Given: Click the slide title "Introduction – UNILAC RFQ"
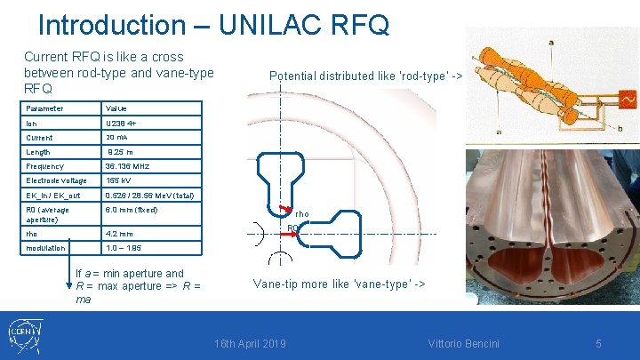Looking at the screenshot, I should tap(213, 24).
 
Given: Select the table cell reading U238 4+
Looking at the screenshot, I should tap(122, 123).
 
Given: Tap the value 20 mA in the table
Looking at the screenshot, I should tap(116, 138).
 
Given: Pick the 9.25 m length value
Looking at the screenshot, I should tap(120, 152).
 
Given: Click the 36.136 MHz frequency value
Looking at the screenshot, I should tap(128, 166).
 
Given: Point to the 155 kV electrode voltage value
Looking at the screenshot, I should tap(118, 180).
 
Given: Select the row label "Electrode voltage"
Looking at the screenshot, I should tap(57, 180).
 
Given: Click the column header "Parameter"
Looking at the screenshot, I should tap(44, 108).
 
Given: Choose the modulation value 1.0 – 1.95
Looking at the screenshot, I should tap(124, 248).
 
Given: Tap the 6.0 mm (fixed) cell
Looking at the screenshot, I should tap(131, 210).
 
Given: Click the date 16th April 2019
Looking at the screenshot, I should tap(251, 343).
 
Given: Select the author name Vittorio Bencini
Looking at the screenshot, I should tap(463, 343).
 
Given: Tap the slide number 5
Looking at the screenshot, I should tap(598, 343).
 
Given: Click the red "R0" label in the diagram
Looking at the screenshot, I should tap(292, 228).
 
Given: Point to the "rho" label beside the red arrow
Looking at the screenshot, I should tap(302, 214).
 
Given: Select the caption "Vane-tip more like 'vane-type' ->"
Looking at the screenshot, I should tap(339, 284).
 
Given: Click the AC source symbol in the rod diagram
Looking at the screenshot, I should tap(627, 99).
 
